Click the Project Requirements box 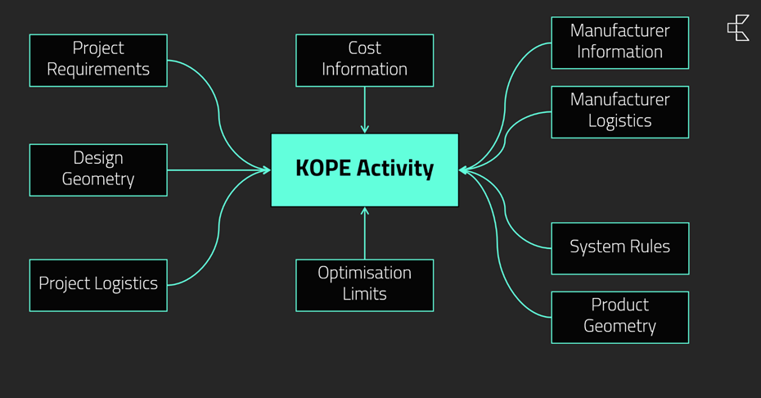click(x=98, y=60)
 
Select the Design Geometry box click(x=98, y=170)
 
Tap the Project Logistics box click(x=98, y=284)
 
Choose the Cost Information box click(x=364, y=60)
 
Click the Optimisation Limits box click(x=364, y=284)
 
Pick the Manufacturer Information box click(x=619, y=42)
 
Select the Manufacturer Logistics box click(x=619, y=111)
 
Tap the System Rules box click(x=619, y=247)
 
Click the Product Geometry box click(x=619, y=317)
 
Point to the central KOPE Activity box click(x=364, y=170)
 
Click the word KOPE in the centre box click(x=323, y=169)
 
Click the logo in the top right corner click(x=738, y=27)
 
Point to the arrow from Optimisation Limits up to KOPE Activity click(x=365, y=233)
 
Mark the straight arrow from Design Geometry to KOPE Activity click(x=218, y=170)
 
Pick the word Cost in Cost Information click(x=364, y=48)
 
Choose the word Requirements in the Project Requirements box click(x=98, y=70)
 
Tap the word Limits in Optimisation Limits click(x=364, y=294)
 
